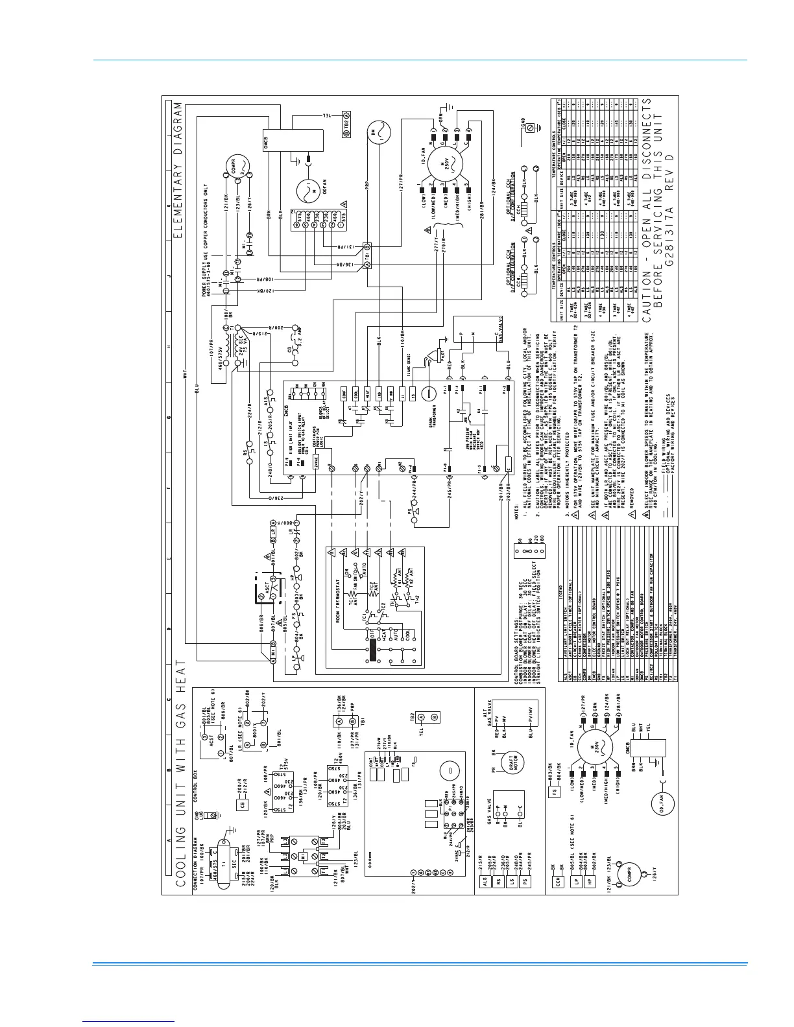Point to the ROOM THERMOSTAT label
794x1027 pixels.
(337, 588)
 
